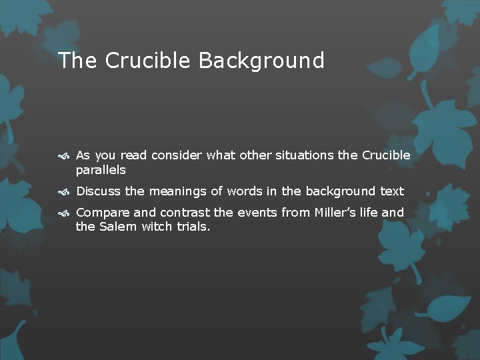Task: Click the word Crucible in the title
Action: pyautogui.click(x=149, y=61)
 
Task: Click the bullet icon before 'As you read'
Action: pyautogui.click(x=64, y=156)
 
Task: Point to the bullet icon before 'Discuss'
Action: pyautogui.click(x=64, y=192)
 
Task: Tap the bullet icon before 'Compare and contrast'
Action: pyautogui.click(x=64, y=213)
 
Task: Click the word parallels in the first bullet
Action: pyautogui.click(x=101, y=170)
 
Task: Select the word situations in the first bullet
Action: pyautogui.click(x=300, y=155)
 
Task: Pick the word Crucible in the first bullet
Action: pyautogui.click(x=386, y=155)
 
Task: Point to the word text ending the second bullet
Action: pyautogui.click(x=392, y=191)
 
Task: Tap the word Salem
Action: pyautogui.click(x=118, y=227)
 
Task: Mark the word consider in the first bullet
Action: pyautogui.click(x=177, y=155)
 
